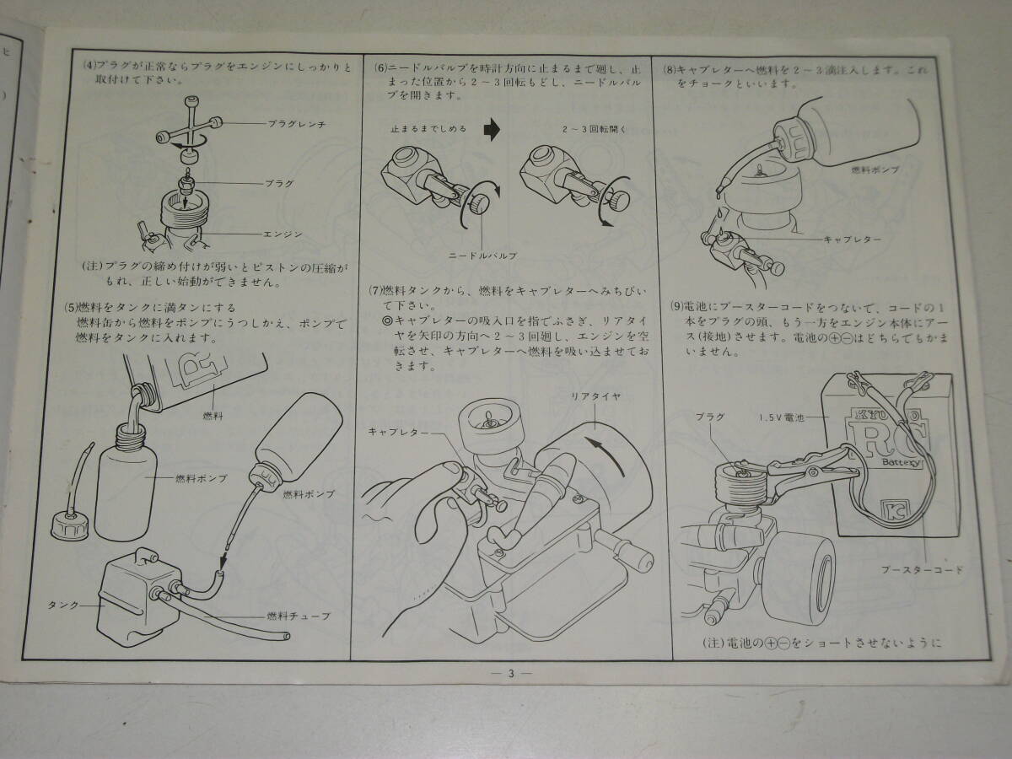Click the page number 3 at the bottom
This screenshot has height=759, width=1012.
[x=511, y=674]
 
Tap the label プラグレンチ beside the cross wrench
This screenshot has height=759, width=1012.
[x=297, y=124]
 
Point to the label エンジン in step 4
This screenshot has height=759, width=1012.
[x=283, y=234]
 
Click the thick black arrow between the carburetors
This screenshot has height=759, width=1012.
[x=492, y=130]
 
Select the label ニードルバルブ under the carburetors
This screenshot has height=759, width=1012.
[x=482, y=256]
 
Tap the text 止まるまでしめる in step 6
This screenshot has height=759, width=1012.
[x=428, y=128]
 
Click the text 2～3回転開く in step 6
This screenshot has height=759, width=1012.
[x=595, y=130]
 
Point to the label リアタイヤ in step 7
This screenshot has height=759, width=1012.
[x=595, y=396]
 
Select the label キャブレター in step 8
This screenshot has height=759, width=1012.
[x=852, y=240]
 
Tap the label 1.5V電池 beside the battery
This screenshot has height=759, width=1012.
[x=782, y=418]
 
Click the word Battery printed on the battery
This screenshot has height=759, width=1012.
[x=902, y=462]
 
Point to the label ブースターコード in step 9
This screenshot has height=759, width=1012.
[x=922, y=569]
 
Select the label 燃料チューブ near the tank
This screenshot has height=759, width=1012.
[x=299, y=616]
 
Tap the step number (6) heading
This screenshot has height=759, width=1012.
[x=381, y=68]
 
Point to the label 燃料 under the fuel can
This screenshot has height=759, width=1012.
[x=213, y=416]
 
